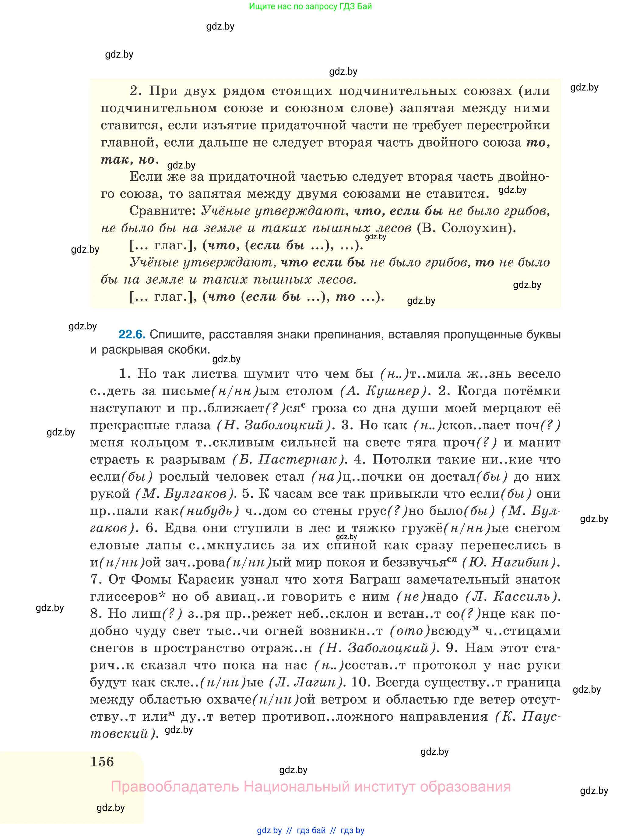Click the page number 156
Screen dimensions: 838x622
(102, 762)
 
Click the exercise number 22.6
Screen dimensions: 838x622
(132, 334)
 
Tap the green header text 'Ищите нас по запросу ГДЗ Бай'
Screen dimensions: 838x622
(311, 6)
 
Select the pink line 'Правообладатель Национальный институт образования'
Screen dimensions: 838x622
(311, 787)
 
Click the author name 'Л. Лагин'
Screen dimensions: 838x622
(305, 682)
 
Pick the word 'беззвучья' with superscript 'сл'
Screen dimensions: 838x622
(414, 563)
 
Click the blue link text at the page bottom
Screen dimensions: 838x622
(311, 830)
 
